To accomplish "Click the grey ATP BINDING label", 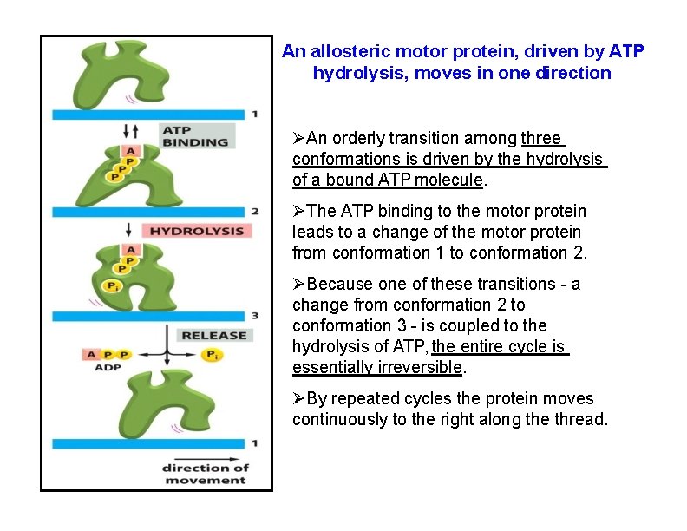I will tap(195, 135).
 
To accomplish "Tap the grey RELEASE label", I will tap(213, 335).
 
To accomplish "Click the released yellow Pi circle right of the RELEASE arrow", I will tap(211, 354).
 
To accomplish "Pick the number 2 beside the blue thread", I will tap(254, 212).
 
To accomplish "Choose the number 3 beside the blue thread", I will tap(254, 316).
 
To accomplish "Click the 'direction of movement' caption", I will tap(205, 474).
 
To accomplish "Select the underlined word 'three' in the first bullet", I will tap(542, 138).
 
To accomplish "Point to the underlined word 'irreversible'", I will tap(420, 367).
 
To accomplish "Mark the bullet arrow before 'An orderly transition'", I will tap(299, 138).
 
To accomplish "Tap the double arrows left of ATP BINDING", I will tap(131, 131).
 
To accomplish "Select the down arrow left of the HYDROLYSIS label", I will tap(128, 230).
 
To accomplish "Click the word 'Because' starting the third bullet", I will tap(337, 284).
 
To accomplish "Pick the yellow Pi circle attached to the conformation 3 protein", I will tap(112, 286).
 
